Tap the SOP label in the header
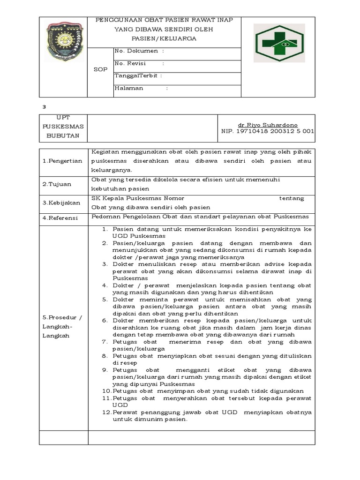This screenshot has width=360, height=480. pyautogui.click(x=100, y=69)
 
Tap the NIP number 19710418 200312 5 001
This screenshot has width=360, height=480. pyautogui.click(x=268, y=132)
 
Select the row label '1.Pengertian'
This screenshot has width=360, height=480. pyautogui.click(x=62, y=161)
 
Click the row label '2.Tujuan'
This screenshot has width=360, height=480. pyautogui.click(x=57, y=184)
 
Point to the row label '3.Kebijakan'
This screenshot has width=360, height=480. pyautogui.click(x=61, y=203)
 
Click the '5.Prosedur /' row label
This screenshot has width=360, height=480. pyautogui.click(x=62, y=317)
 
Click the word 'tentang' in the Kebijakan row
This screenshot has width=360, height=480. pyautogui.click(x=292, y=198)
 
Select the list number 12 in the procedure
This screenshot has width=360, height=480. pyautogui.click(x=106, y=412)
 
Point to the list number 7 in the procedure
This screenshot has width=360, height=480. pyautogui.click(x=105, y=342)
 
